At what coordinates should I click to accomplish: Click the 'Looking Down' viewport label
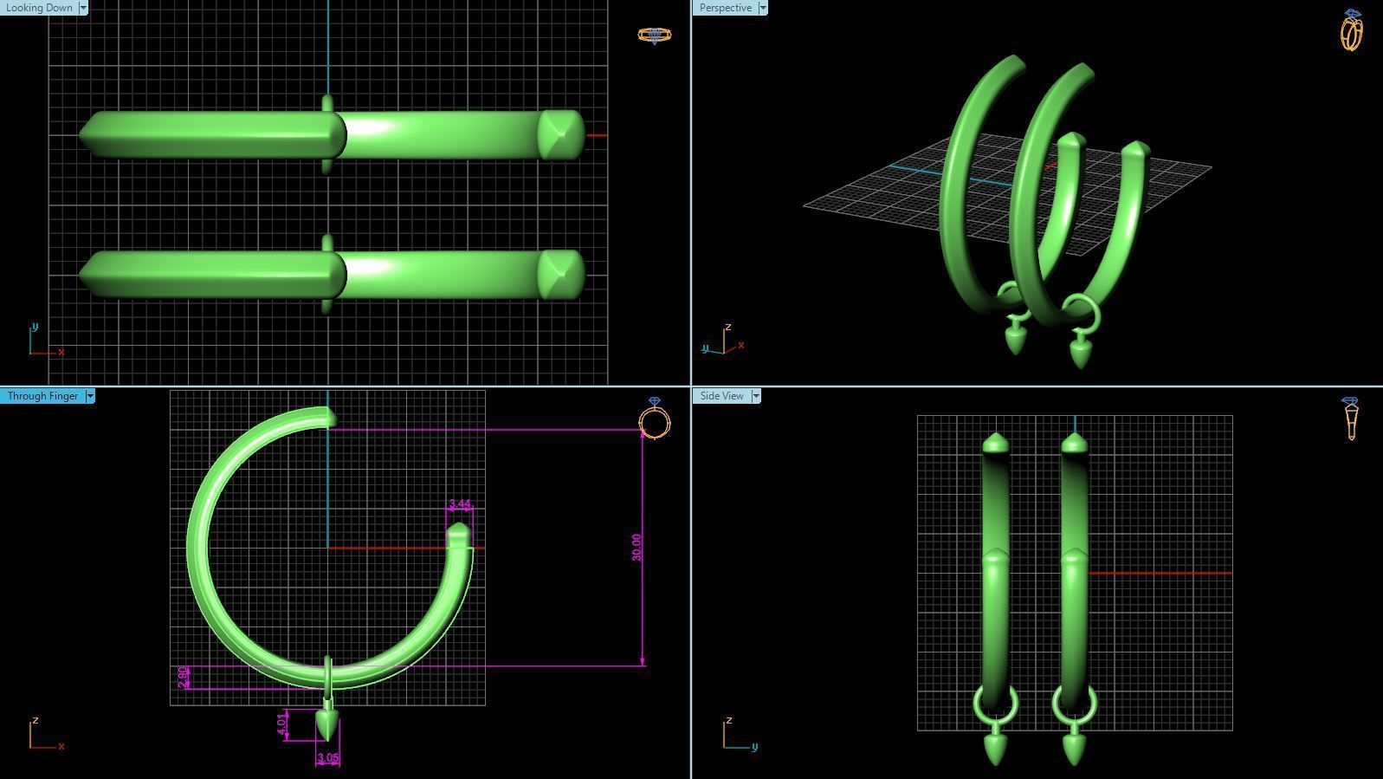(39, 8)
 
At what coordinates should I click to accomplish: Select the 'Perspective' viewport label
(726, 8)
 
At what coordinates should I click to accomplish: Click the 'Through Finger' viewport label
(42, 396)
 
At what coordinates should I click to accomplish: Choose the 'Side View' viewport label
(721, 396)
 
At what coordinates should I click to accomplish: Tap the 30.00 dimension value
(637, 547)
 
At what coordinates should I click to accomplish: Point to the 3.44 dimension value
(460, 504)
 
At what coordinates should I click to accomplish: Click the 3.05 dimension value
(327, 758)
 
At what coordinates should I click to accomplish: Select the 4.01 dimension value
(281, 724)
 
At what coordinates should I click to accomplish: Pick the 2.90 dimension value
(181, 677)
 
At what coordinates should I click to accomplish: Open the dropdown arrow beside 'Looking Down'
(83, 8)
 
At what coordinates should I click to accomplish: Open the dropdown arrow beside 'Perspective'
(763, 8)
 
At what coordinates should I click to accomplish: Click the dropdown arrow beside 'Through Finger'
(90, 396)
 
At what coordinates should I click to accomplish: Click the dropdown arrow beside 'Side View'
(756, 396)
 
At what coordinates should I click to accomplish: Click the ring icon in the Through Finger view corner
(654, 419)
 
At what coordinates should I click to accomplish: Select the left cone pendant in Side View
(995, 746)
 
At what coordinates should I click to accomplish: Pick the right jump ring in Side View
(1074, 704)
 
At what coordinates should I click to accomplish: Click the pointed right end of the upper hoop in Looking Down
(561, 134)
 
